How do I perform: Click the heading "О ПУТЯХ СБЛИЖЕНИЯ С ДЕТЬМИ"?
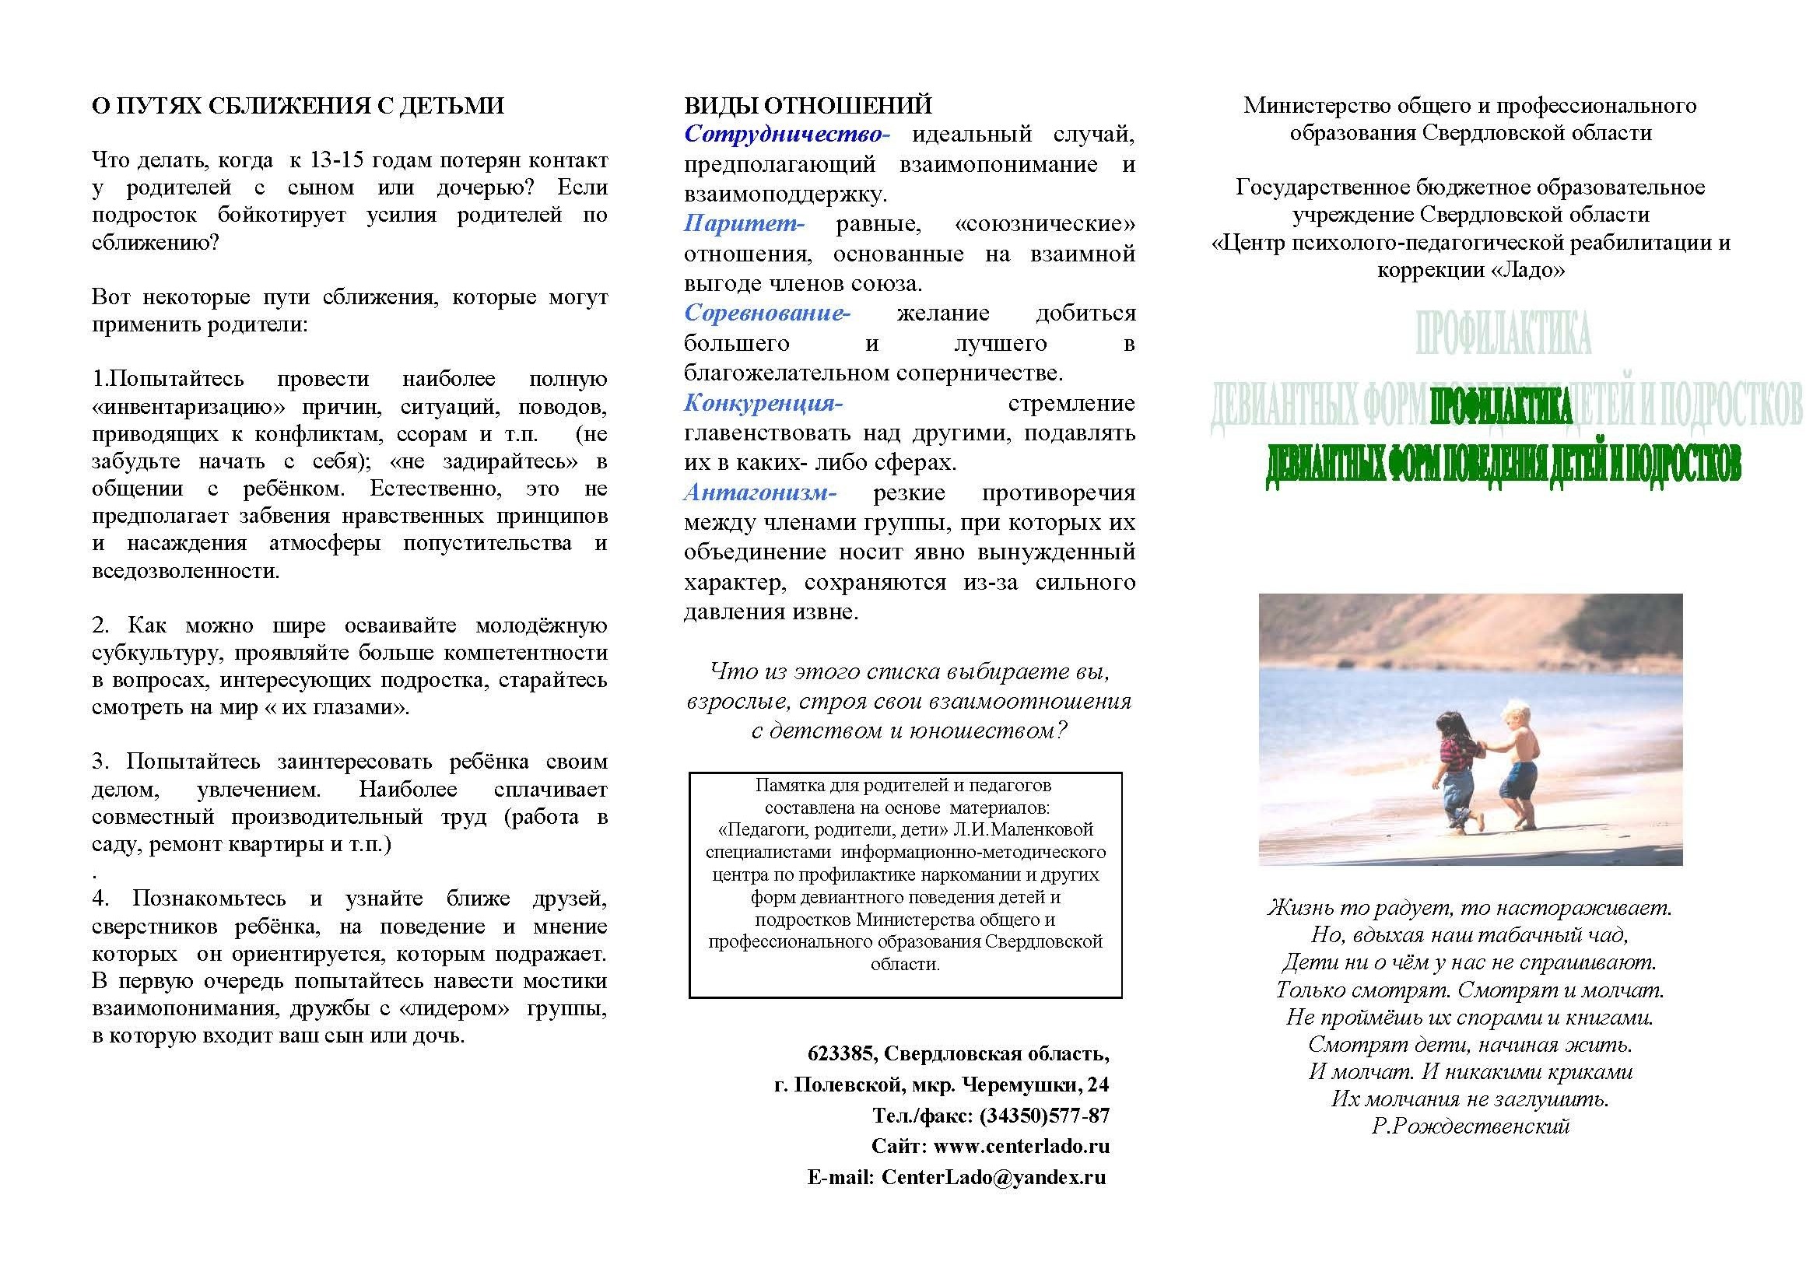(298, 105)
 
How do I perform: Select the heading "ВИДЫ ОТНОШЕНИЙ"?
(808, 105)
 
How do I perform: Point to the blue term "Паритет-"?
(744, 223)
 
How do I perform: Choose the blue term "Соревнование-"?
(766, 313)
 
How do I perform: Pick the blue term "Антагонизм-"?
(759, 492)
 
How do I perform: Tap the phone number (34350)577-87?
(1044, 1116)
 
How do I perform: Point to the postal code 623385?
(841, 1054)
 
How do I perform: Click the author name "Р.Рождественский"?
(1471, 1126)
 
